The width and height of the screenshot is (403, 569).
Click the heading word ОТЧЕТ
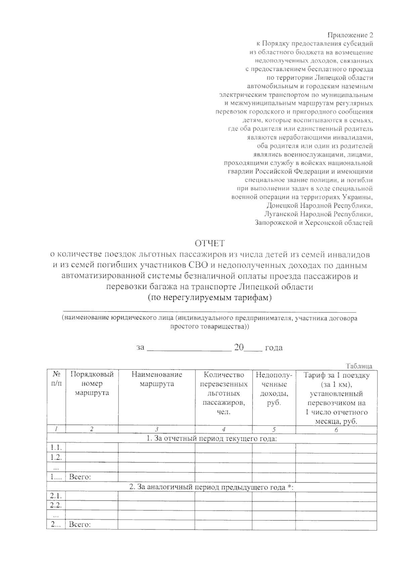[210, 243]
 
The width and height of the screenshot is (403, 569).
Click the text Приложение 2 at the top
[350, 35]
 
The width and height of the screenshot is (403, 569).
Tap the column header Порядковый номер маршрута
[92, 384]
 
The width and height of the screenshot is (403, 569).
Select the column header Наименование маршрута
[156, 379]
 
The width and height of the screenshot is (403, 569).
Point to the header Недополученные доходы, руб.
[274, 389]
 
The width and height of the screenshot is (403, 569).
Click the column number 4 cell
[224, 430]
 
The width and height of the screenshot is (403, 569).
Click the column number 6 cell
[336, 430]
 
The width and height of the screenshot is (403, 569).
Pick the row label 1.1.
[56, 448]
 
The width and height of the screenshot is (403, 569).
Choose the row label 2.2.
[56, 505]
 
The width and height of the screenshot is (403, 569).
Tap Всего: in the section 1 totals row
[80, 477]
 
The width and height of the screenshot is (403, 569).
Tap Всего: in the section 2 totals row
[80, 525]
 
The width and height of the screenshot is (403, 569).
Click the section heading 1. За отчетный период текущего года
[212, 439]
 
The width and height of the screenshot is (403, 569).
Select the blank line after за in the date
[189, 348]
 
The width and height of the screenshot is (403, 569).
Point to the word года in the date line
[274, 348]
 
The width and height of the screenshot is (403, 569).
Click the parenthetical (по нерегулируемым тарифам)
[210, 297]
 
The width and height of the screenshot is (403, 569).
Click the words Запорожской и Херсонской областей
[314, 223]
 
